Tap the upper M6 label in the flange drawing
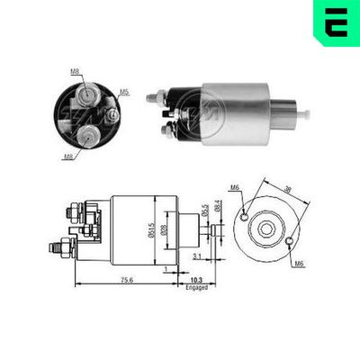pyautogui.click(x=234, y=186)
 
